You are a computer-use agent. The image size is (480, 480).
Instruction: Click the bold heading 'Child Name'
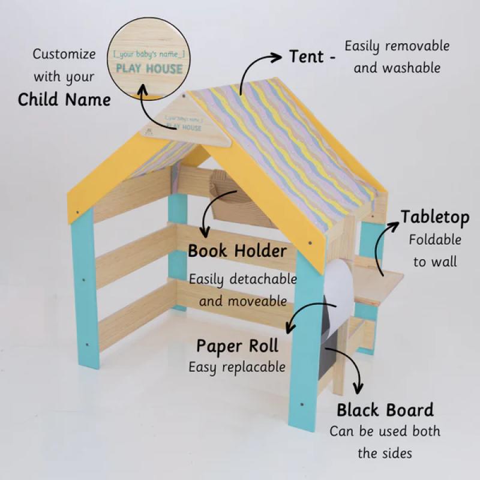64,100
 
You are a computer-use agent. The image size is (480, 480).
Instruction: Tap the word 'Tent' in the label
307,56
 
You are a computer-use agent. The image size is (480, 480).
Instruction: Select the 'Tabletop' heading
435,217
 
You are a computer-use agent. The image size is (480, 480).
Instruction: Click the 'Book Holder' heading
237,251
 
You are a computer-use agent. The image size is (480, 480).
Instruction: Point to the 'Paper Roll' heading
237,347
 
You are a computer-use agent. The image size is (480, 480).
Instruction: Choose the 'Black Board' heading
385,410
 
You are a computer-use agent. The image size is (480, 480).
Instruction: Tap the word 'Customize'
64,54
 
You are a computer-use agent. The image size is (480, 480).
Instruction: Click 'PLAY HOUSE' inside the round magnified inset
149,69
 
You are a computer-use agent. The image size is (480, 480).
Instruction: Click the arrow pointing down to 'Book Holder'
213,208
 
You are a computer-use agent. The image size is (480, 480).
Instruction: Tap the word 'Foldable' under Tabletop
435,239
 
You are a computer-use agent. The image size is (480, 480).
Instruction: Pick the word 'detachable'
263,279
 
